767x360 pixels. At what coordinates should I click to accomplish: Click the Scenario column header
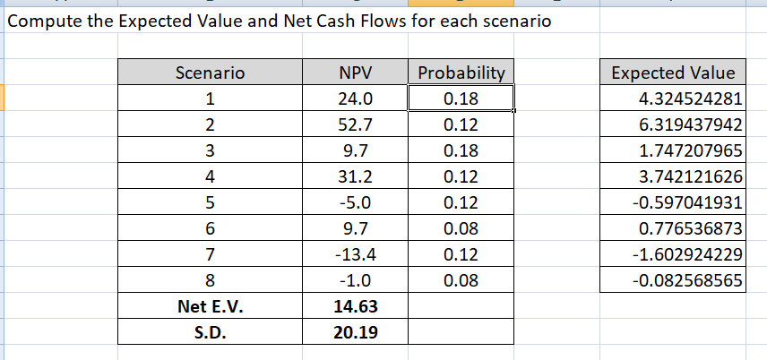211,73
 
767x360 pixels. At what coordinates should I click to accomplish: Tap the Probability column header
461,73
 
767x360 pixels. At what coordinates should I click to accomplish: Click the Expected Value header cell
673,73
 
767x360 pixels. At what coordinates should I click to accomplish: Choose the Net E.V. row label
211,306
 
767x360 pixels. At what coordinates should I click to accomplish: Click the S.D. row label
211,332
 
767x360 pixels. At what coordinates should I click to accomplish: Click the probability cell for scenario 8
461,280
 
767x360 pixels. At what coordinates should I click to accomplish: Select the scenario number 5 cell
211,202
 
